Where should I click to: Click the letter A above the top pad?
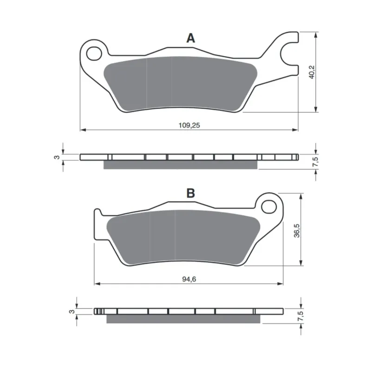point(190,38)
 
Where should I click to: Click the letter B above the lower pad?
point(190,193)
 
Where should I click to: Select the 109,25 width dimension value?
point(189,125)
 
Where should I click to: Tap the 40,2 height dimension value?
point(312,72)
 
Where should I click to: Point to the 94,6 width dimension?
point(189,279)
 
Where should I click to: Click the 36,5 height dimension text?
point(297,231)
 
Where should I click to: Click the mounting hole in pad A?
point(94,53)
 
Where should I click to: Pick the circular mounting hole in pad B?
point(269,206)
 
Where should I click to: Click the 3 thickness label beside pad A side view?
point(57,157)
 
